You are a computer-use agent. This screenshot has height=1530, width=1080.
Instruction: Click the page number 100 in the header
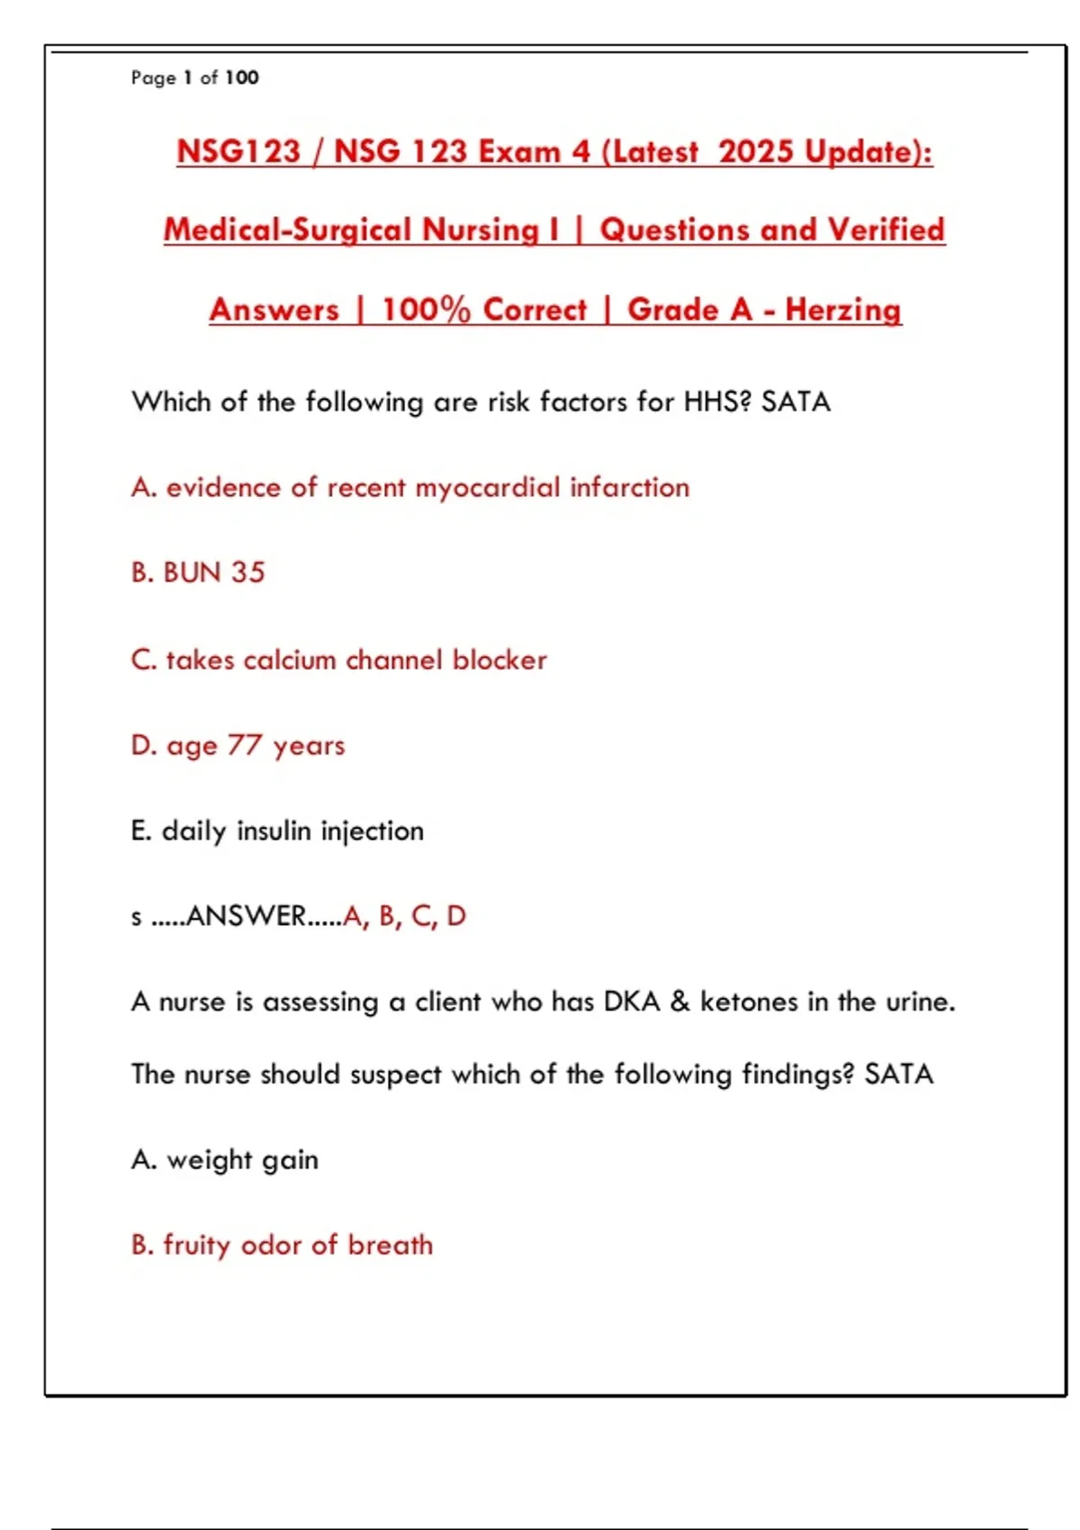(241, 77)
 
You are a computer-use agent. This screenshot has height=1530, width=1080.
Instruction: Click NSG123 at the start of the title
(238, 151)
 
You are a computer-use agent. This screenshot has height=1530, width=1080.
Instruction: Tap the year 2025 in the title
(756, 151)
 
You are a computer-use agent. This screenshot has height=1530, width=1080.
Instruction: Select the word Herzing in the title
(842, 310)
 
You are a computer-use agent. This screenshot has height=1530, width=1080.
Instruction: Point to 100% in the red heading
(426, 310)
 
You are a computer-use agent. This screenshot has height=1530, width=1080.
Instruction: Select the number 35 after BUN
(247, 572)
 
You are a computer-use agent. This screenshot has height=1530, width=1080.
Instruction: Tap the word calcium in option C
(289, 660)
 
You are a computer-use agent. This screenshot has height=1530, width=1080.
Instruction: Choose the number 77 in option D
(244, 745)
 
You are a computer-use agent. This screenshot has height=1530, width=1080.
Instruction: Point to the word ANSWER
(246, 916)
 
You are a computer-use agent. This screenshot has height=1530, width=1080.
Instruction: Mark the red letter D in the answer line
(456, 916)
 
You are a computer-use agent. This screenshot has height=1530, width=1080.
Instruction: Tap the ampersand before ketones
(680, 1002)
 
